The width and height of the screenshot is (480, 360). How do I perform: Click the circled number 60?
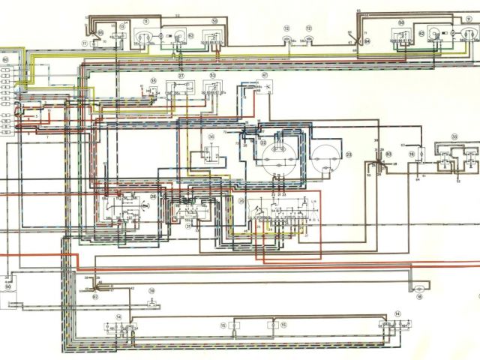(5, 58)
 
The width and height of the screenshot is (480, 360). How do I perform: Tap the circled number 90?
(8, 287)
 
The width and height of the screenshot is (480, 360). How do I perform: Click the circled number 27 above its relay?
(180, 76)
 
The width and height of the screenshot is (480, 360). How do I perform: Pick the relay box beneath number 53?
(212, 88)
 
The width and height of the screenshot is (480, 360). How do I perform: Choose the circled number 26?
(211, 137)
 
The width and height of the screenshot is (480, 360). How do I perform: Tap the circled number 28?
(153, 196)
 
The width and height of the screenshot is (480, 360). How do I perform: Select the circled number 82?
(96, 297)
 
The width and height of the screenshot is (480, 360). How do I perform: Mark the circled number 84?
(367, 38)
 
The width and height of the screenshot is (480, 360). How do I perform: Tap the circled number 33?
(454, 136)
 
